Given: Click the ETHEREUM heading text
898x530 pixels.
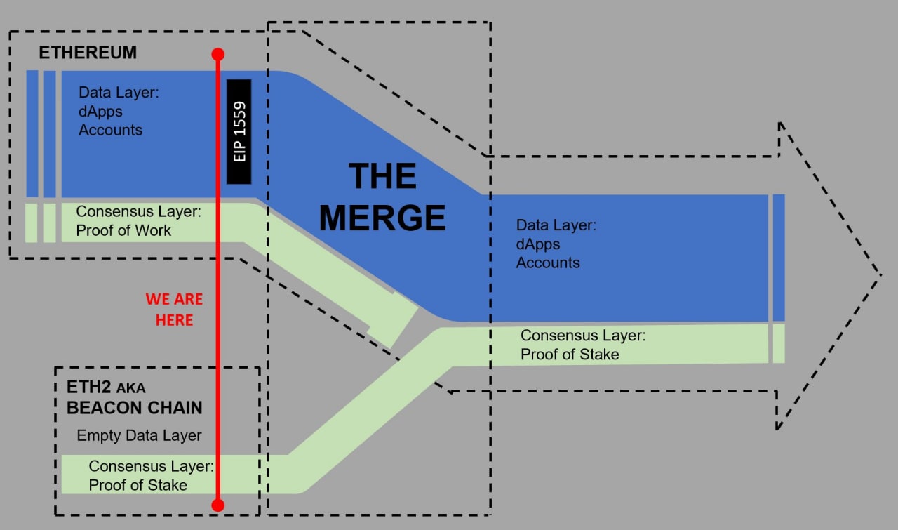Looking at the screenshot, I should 88,53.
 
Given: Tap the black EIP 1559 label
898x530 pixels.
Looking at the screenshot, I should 239,131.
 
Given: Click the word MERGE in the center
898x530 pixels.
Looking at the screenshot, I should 382,218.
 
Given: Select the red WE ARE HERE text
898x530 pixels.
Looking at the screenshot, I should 174,309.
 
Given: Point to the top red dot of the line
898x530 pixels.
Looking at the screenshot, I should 217,54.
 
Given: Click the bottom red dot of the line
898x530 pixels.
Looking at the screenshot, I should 217,505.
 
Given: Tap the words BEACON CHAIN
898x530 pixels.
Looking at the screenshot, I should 134,407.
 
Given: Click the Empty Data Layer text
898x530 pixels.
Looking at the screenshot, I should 139,435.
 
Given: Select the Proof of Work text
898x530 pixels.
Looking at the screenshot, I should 123,230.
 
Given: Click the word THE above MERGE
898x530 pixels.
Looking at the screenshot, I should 382,176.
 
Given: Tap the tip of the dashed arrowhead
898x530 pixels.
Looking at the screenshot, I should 880,274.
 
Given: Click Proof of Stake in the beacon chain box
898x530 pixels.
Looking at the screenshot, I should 138,485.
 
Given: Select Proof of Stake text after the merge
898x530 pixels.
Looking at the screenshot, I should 570,355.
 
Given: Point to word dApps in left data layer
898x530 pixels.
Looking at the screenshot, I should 100,111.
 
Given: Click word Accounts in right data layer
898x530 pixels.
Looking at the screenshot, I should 548,263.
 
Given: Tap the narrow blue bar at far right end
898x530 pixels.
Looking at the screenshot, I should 778,257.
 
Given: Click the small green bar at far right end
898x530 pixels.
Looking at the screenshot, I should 778,343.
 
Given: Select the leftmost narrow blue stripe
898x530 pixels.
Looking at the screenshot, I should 32,133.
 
